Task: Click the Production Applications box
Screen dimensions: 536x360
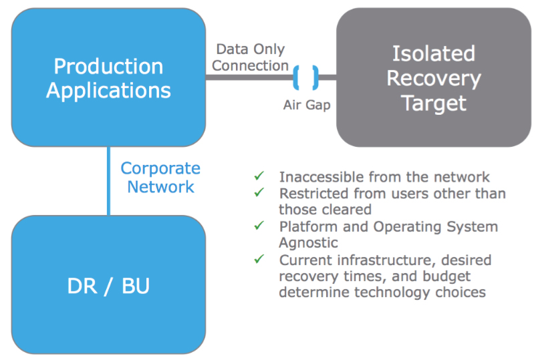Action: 108,77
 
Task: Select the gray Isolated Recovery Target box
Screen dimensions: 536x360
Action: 434,77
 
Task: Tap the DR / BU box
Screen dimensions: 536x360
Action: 108,285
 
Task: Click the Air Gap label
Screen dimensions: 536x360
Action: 307,106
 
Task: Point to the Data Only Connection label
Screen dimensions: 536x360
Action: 250,57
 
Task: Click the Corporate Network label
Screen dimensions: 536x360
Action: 160,177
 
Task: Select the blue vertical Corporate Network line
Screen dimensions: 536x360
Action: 109,181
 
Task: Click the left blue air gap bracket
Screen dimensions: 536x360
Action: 296,78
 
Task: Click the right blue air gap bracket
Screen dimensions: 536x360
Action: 315,78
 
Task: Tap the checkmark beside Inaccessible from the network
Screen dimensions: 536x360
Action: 259,176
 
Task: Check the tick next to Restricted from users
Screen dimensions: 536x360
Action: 259,192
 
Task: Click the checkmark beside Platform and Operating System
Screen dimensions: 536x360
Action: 259,226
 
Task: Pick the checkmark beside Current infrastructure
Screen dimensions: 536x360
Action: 259,259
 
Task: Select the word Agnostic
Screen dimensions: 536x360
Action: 308,243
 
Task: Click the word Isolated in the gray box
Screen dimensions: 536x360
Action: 434,53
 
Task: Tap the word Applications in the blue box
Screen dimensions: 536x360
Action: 108,91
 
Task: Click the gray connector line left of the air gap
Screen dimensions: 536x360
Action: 249,77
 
